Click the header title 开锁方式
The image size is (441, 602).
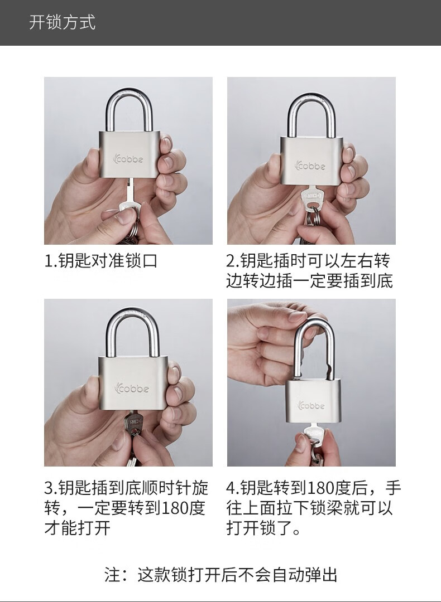[x=63, y=22]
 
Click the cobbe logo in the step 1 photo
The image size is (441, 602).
[x=128, y=158]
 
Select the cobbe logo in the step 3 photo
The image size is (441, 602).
[x=131, y=388]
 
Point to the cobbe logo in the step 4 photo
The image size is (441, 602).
[x=311, y=405]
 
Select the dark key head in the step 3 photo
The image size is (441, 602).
[x=133, y=423]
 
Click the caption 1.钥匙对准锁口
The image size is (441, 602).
[x=100, y=261]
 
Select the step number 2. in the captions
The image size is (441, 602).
[x=233, y=261]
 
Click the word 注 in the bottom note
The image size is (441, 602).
[x=112, y=575]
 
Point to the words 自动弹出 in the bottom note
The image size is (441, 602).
[x=305, y=575]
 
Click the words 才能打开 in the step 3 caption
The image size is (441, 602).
[x=77, y=528]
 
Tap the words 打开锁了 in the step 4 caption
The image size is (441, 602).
[x=259, y=528]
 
